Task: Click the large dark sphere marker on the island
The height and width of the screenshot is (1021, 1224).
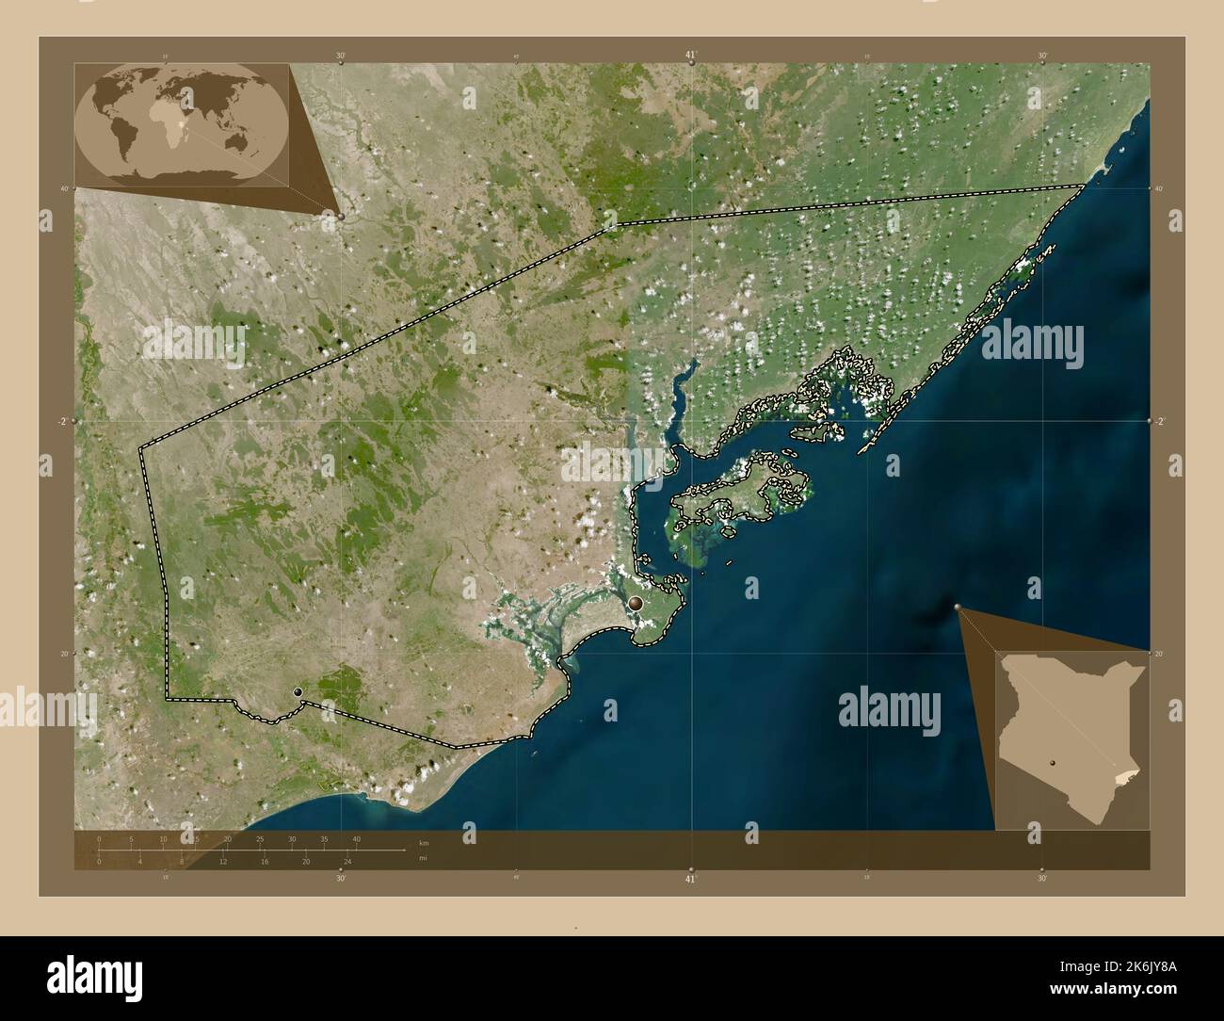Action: tap(637, 604)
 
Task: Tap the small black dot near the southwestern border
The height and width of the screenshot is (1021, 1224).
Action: tap(298, 692)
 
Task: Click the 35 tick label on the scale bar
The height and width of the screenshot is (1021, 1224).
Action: tap(324, 838)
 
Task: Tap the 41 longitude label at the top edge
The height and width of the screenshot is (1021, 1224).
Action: tap(691, 56)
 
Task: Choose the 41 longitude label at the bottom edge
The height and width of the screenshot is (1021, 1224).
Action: tap(691, 878)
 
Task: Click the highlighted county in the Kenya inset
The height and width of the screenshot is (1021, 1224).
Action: tap(1126, 773)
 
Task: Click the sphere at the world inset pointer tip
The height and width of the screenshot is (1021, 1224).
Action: tap(341, 216)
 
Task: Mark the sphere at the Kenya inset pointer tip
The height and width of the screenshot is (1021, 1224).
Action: tap(957, 608)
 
